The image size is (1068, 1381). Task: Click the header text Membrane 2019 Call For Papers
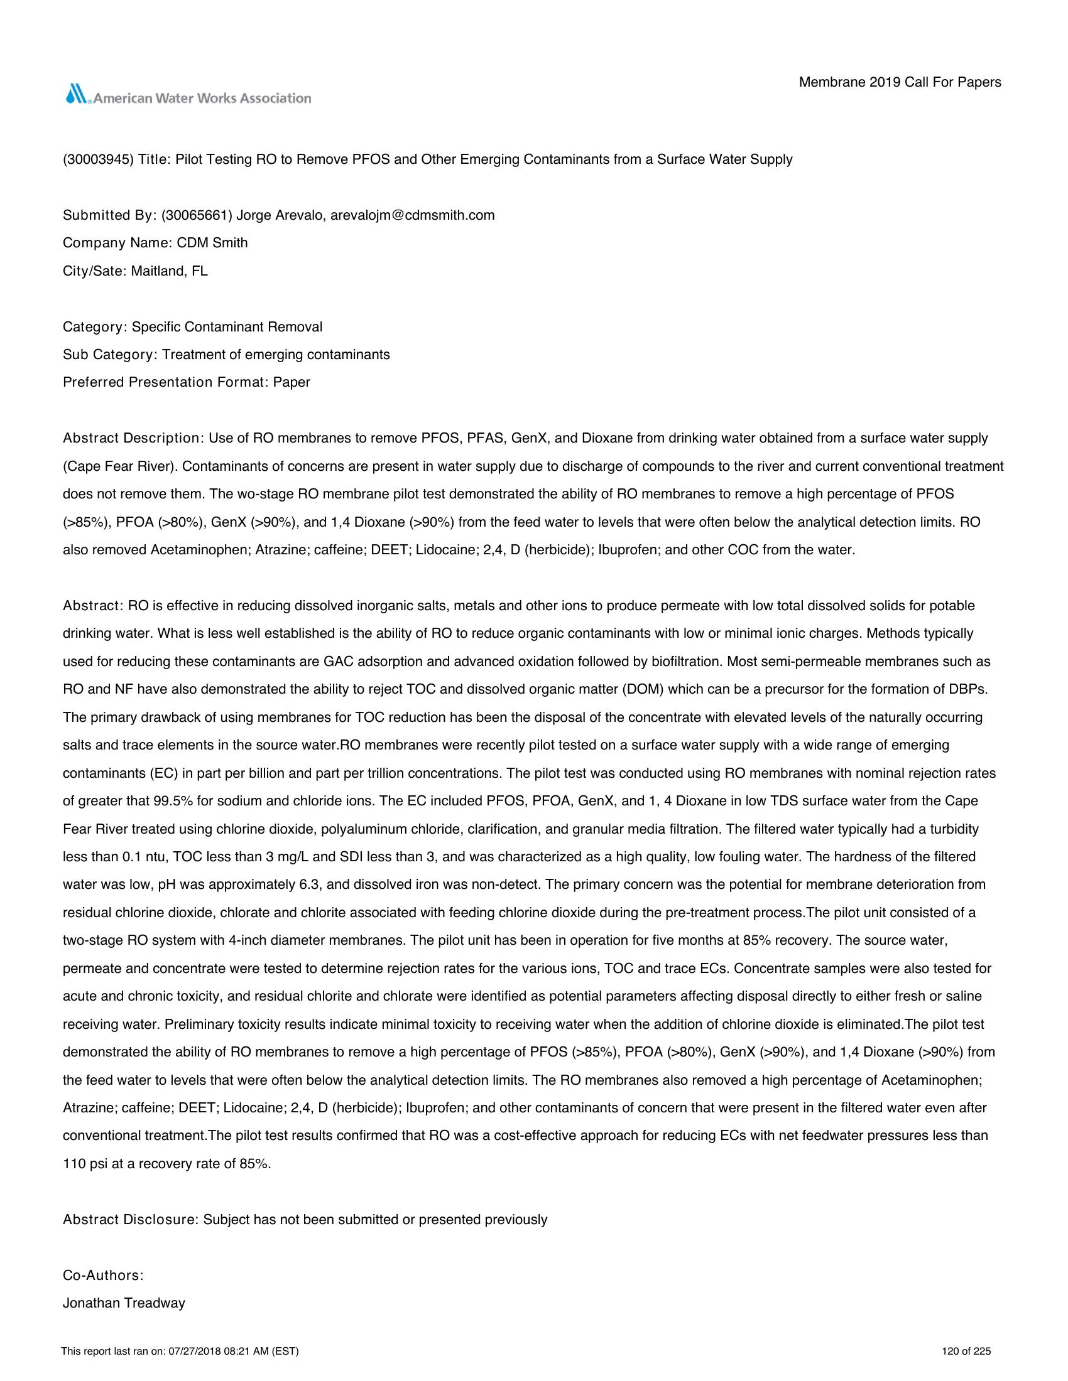[x=900, y=82]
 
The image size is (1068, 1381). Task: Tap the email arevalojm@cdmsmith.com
[x=413, y=215]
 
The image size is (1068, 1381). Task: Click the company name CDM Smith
[x=212, y=244]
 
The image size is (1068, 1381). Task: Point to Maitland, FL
[x=169, y=271]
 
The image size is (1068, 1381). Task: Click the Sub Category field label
[x=109, y=355]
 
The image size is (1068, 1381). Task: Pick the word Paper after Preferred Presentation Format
[x=292, y=382]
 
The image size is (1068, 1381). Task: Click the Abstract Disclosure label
[x=130, y=1220]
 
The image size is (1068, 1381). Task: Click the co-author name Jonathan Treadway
[x=124, y=1303]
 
